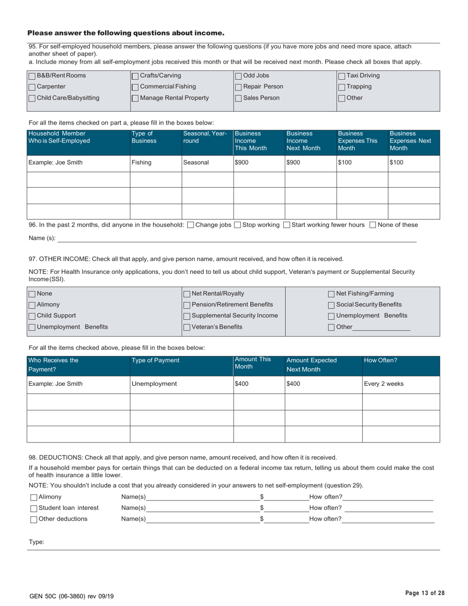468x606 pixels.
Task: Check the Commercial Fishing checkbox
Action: [135, 87]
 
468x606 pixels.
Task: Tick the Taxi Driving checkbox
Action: [342, 76]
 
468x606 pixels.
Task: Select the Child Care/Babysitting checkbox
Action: [32, 98]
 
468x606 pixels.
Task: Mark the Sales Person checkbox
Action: [238, 98]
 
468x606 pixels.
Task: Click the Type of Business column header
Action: [155, 137]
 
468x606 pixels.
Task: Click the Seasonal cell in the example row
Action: [207, 163]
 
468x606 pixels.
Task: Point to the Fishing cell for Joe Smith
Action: [155, 163]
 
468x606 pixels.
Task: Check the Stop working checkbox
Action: [237, 225]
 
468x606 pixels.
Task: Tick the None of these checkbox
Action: [373, 225]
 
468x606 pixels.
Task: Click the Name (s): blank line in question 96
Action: [236, 238]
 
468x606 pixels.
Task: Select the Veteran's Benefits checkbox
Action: [187, 327]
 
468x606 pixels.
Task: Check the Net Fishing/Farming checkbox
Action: [332, 294]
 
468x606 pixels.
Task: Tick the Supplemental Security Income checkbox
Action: [187, 316]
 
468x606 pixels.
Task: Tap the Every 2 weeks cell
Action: [401, 384]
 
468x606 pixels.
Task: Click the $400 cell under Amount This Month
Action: [259, 384]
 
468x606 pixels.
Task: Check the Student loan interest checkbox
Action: [33, 508]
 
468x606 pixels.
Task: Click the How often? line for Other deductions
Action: [388, 519]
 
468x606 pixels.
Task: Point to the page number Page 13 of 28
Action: [425, 593]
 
